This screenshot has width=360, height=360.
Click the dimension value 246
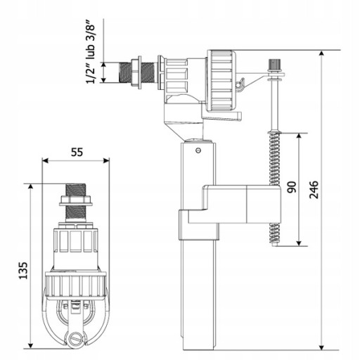point(314,189)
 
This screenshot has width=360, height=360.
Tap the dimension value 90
point(292,187)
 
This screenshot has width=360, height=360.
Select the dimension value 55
point(77,153)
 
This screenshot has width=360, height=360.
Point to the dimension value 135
point(23,271)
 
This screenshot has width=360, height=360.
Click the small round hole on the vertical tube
point(198,150)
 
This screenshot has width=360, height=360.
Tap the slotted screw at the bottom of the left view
point(76,338)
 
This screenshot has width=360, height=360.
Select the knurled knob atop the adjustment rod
point(275,63)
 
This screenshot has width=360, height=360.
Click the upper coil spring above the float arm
point(274,159)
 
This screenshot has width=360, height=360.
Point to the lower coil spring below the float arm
point(274,233)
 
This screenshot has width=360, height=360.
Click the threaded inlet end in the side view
point(124,72)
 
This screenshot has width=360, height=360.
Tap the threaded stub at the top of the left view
point(75,190)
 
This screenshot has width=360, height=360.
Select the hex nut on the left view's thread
point(75,201)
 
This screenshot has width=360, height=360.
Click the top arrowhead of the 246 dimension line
point(322,53)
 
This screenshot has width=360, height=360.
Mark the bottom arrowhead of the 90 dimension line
point(299,243)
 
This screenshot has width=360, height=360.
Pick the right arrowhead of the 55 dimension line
point(106,160)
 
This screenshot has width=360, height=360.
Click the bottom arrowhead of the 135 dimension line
point(30,345)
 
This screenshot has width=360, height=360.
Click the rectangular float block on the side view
point(234,204)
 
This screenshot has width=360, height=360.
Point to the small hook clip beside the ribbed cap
point(240,84)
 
